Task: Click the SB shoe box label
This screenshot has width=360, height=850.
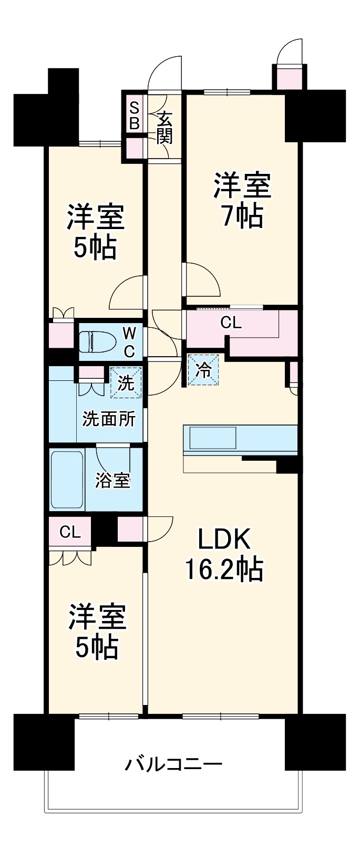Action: (x=135, y=116)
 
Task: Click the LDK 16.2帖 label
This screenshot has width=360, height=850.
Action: (x=223, y=554)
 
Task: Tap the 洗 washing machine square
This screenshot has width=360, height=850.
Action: (x=126, y=382)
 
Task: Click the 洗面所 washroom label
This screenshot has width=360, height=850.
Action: (x=109, y=419)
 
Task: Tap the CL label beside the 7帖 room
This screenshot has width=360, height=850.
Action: (x=231, y=323)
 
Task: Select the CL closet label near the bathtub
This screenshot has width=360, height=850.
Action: (x=70, y=532)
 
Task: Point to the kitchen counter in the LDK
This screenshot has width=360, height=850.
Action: (x=240, y=440)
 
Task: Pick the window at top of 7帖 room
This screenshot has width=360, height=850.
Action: (x=227, y=91)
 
